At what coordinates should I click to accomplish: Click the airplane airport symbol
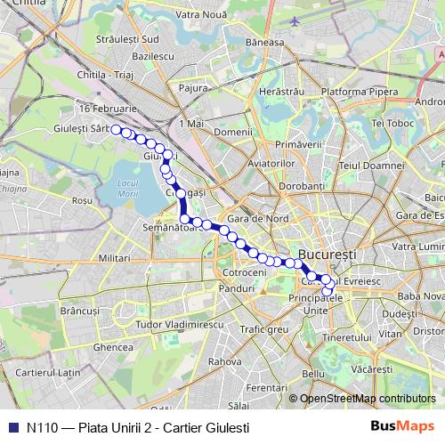pyautogui.click(x=295, y=20)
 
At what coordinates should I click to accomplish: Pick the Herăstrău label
pyautogui.click(x=279, y=93)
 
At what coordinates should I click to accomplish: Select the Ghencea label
pyautogui.click(x=113, y=346)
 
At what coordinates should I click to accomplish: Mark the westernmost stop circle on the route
pyautogui.click(x=117, y=130)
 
